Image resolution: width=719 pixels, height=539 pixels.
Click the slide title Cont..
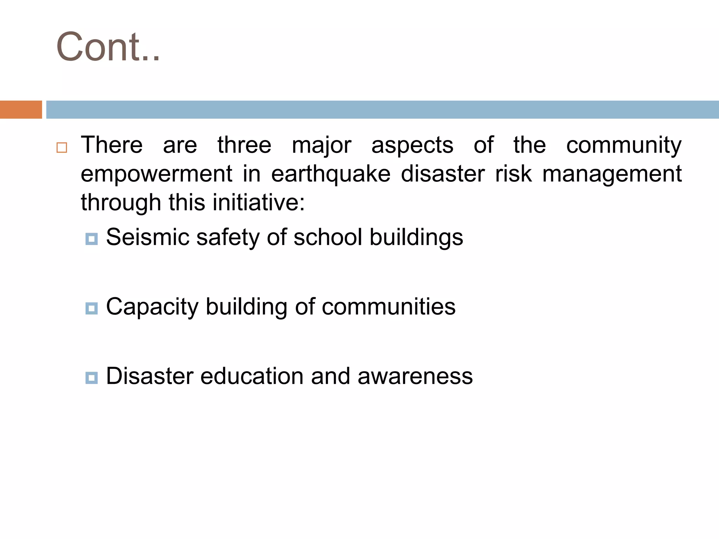click(x=108, y=47)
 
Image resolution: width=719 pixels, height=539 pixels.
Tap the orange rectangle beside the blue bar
click(x=21, y=109)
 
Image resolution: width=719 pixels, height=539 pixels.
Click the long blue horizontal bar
click(x=382, y=109)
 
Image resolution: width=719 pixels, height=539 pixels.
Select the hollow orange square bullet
click(x=62, y=147)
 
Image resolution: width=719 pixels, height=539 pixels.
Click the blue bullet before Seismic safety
click(x=92, y=239)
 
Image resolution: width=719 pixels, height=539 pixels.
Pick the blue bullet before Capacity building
click(x=92, y=308)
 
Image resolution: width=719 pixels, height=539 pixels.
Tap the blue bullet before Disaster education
click(x=92, y=378)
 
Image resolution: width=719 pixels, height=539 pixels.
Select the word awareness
click(x=415, y=376)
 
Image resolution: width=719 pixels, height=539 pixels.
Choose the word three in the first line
click(x=244, y=145)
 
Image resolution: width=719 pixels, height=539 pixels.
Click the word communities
click(x=389, y=307)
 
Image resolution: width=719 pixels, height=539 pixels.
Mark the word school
click(x=328, y=237)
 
